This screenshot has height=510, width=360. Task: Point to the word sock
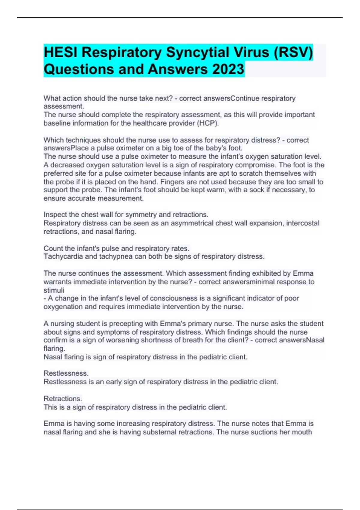[x=258, y=190]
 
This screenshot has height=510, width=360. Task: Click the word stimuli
[x=54, y=290]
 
